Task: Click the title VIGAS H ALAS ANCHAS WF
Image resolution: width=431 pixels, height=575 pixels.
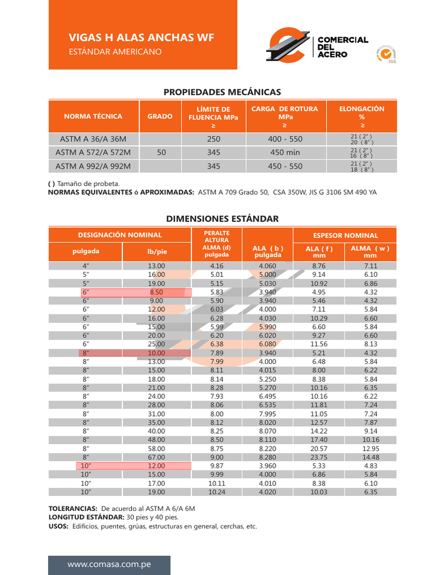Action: coord(141,38)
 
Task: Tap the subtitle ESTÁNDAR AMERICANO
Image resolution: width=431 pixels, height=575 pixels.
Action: coord(115,52)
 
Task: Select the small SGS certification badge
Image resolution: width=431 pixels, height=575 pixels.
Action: coord(386,54)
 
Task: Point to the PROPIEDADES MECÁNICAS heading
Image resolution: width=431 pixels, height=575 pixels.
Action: coord(222,92)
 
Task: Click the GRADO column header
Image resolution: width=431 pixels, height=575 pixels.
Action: coord(160,117)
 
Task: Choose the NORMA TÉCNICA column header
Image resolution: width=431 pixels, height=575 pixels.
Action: coord(93,117)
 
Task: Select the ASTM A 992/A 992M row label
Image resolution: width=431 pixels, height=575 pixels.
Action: coord(93,166)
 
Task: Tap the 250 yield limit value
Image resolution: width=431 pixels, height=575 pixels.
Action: coord(213,139)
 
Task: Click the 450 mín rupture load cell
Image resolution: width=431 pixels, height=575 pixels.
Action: coord(285,153)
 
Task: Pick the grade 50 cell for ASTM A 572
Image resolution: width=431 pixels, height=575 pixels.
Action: coord(161,153)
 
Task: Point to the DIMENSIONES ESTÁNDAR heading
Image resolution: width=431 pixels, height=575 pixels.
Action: coord(222,218)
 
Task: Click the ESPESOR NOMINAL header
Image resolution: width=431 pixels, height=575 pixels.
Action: coord(345,235)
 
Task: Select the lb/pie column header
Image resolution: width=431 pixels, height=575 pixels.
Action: coord(157,252)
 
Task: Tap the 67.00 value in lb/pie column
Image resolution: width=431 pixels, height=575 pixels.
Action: coord(157,457)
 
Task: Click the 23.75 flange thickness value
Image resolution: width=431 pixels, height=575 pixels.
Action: coord(319,457)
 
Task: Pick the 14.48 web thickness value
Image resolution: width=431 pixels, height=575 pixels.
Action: coord(370,457)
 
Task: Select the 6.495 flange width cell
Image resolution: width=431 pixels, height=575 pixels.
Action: coord(267,396)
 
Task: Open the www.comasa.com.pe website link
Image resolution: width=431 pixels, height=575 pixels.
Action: coord(109,564)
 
